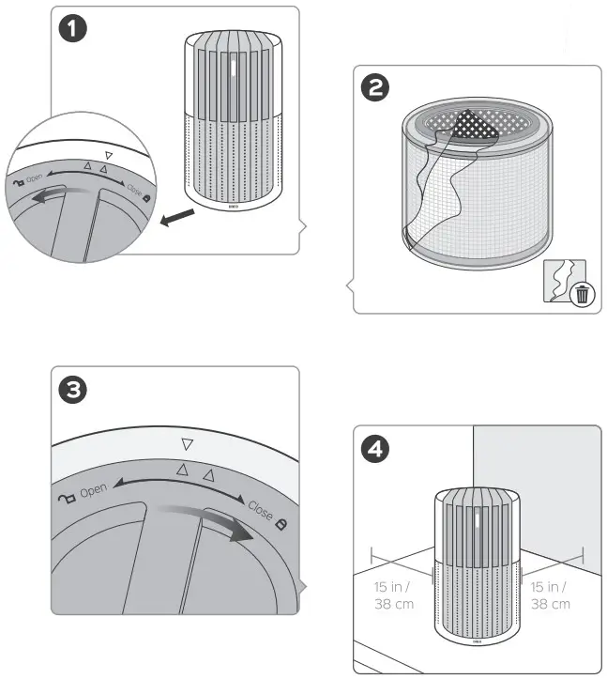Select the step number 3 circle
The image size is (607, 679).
[x=73, y=389]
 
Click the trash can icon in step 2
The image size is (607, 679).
[x=583, y=294]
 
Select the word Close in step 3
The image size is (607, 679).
[x=260, y=513]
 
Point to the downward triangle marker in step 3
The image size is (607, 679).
[x=187, y=444]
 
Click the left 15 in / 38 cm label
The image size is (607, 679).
[x=392, y=594]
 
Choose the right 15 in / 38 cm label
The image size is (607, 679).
[x=550, y=594]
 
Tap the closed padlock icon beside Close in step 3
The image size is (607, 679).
[x=281, y=519]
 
